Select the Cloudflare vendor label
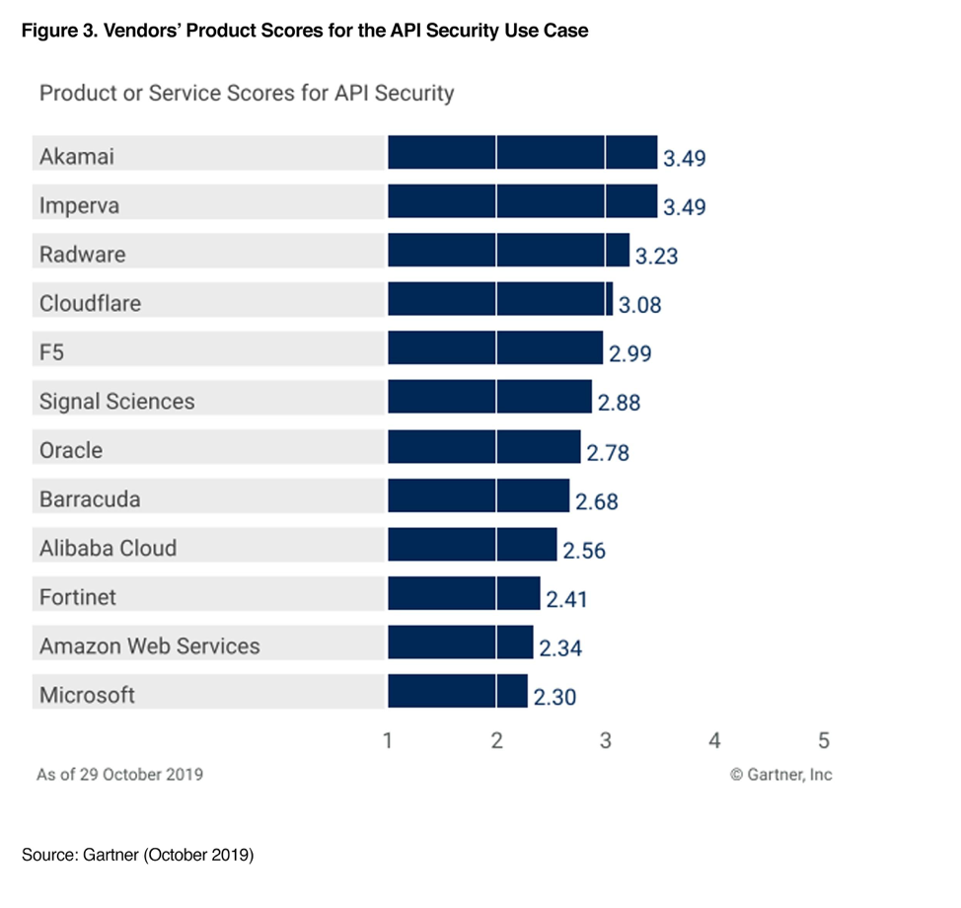click(x=90, y=304)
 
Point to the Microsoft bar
click(x=457, y=692)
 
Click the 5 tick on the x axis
click(x=824, y=740)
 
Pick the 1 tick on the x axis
click(x=388, y=740)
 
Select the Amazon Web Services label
click(x=149, y=646)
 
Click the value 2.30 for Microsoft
click(x=555, y=697)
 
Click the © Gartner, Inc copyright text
click(x=780, y=775)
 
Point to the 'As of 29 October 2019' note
click(x=119, y=775)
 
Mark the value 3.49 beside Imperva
click(x=685, y=207)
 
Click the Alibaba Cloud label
click(x=108, y=549)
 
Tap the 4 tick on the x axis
click(x=714, y=740)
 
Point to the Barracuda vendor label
click(x=90, y=499)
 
